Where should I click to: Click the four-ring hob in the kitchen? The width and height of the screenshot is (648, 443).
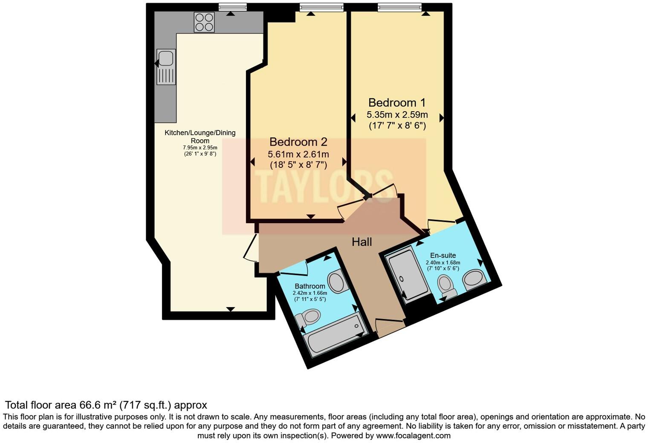click(204, 22)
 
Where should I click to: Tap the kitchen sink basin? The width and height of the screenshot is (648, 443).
click(166, 58)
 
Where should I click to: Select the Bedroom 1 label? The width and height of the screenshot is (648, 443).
click(397, 103)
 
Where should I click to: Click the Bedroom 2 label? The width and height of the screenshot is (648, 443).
click(298, 142)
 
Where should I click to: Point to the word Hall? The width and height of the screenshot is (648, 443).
click(362, 242)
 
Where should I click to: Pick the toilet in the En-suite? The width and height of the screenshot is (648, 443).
click(446, 286)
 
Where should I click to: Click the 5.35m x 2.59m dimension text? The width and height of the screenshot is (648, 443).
click(397, 115)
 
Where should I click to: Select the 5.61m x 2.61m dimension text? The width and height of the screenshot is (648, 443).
click(298, 154)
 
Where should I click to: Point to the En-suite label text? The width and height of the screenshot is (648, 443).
click(443, 256)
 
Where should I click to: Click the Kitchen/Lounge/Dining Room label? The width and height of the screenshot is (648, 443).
click(200, 136)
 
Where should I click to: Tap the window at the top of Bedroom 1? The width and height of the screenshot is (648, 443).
click(399, 7)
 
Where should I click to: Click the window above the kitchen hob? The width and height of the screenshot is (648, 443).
click(233, 7)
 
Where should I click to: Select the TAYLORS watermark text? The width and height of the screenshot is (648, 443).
click(324, 186)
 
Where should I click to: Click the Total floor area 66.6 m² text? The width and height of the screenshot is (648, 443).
click(106, 405)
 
